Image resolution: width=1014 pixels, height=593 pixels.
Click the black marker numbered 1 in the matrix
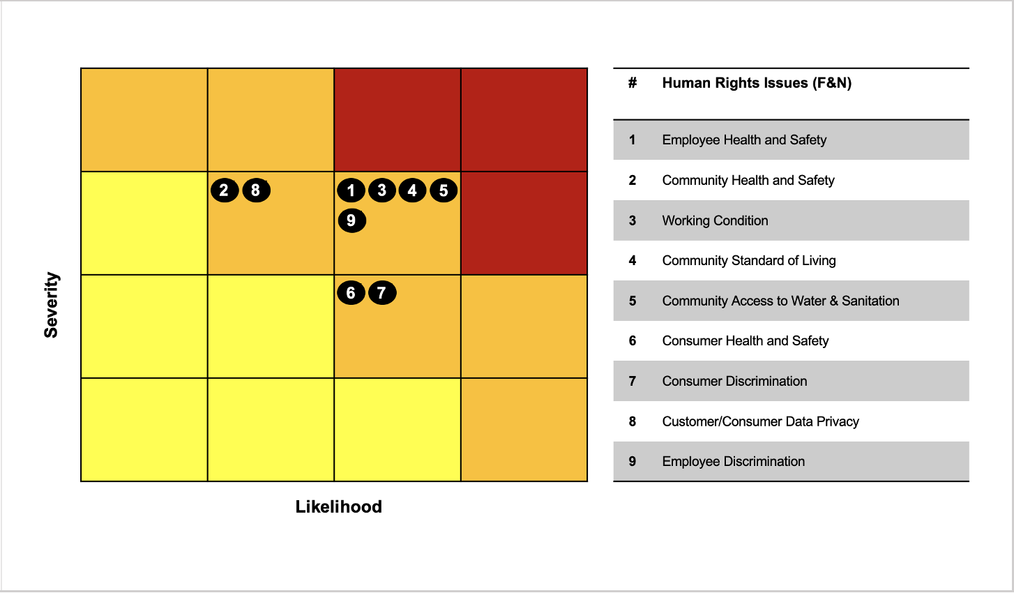tap(351, 190)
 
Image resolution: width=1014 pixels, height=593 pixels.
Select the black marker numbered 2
tap(225, 190)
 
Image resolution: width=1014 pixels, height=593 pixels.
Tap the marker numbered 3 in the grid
tap(381, 190)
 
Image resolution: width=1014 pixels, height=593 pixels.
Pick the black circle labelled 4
tap(412, 190)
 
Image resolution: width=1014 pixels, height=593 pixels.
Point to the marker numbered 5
tap(444, 190)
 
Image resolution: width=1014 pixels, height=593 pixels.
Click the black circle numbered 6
tap(351, 293)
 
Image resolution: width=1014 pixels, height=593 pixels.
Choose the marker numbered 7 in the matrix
tap(381, 293)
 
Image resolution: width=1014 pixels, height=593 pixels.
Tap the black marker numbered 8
tap(256, 190)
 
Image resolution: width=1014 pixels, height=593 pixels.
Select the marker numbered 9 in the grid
tap(351, 220)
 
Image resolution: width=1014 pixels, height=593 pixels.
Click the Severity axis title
tap(52, 305)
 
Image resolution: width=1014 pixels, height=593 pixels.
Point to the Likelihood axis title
tap(338, 506)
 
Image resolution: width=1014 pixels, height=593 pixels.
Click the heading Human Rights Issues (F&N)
tap(757, 83)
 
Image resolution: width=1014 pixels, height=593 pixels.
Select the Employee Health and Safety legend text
tap(744, 140)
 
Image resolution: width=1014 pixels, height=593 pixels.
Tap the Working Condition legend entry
tap(715, 220)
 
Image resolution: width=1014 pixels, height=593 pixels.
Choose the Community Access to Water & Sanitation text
tap(780, 301)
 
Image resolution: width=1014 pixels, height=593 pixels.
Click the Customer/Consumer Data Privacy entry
tap(760, 421)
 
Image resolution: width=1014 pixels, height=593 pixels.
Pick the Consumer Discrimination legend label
tap(734, 381)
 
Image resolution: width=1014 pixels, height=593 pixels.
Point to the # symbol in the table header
tap(633, 83)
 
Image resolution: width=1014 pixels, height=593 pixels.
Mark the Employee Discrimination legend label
tap(733, 461)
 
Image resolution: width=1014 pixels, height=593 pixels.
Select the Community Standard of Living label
tap(748, 261)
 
